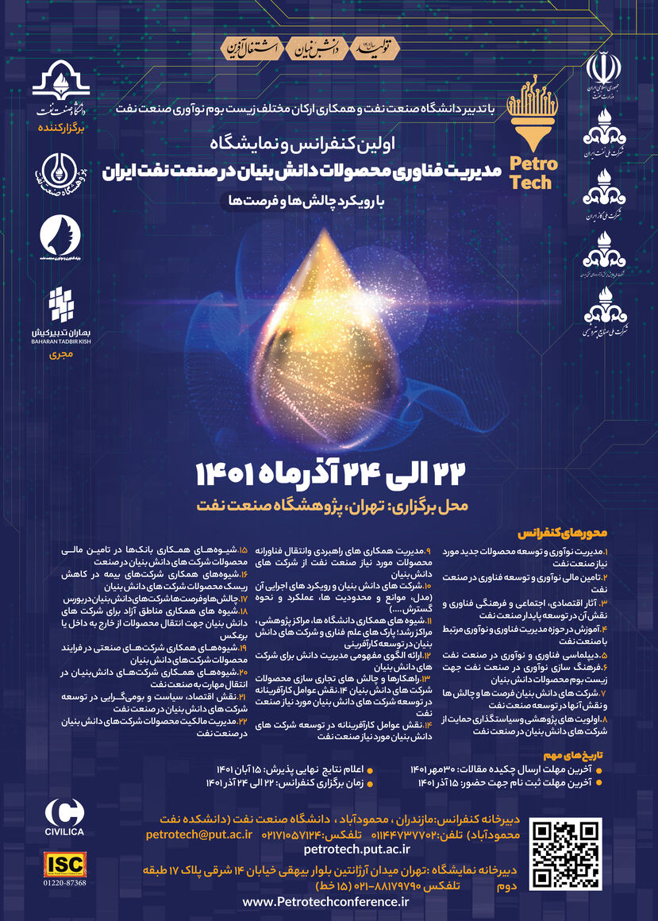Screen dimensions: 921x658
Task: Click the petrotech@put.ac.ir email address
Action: click(199, 834)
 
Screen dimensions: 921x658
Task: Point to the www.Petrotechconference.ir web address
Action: click(325, 901)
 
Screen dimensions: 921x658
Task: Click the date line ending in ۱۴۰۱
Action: click(328, 474)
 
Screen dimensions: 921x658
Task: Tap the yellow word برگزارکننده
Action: click(61, 126)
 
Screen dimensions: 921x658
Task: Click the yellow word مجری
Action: click(61, 356)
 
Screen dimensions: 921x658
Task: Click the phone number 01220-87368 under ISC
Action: click(65, 883)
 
